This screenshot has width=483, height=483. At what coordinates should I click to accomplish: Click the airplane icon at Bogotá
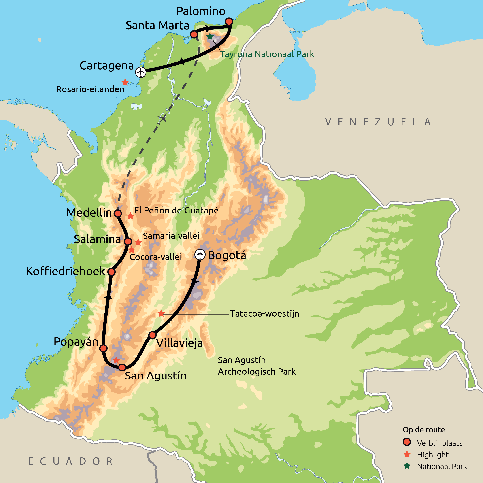click(200, 255)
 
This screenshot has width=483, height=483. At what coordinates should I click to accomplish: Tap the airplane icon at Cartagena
click(141, 72)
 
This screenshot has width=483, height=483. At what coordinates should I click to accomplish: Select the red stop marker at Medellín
click(118, 213)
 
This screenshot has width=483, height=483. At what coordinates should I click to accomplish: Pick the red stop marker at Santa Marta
click(194, 34)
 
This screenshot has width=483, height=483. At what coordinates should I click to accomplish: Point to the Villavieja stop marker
click(153, 335)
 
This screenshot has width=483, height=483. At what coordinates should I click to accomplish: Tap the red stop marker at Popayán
click(103, 348)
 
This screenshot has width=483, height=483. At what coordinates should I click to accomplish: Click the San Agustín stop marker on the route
click(122, 367)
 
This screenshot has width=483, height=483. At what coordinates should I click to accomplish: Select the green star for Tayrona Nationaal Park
click(210, 36)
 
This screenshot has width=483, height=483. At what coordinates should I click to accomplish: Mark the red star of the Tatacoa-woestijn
click(161, 313)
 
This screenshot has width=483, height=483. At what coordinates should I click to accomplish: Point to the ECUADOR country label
click(71, 461)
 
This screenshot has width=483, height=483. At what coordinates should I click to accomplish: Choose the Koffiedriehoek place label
click(66, 271)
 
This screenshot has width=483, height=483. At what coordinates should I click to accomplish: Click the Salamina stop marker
click(128, 241)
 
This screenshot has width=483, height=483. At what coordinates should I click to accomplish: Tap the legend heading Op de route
click(424, 430)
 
